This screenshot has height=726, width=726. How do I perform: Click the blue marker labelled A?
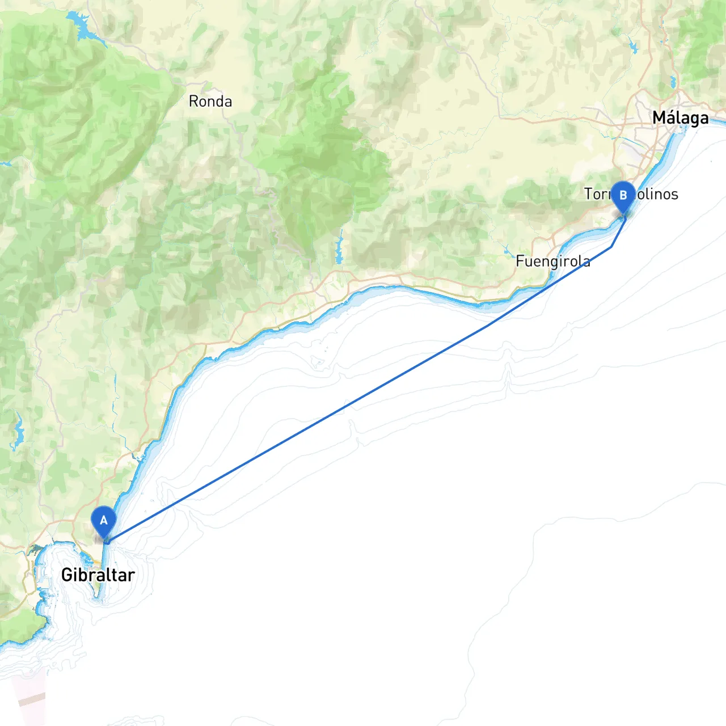(x=104, y=521)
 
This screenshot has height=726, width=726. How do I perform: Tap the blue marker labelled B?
(x=623, y=196)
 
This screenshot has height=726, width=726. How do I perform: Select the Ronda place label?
(x=210, y=102)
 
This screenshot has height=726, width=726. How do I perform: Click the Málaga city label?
(x=680, y=118)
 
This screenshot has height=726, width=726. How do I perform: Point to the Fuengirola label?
(x=553, y=261)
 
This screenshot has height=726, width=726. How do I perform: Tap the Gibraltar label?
(x=98, y=575)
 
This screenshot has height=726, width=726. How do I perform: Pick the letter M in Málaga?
(x=659, y=118)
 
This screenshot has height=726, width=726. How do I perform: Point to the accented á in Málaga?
(x=671, y=118)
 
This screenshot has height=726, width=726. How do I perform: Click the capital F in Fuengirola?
(x=520, y=261)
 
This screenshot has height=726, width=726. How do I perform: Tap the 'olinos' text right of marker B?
(x=657, y=194)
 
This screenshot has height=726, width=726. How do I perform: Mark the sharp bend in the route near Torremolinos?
(x=611, y=247)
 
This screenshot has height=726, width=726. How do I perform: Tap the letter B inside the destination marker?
(x=623, y=195)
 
